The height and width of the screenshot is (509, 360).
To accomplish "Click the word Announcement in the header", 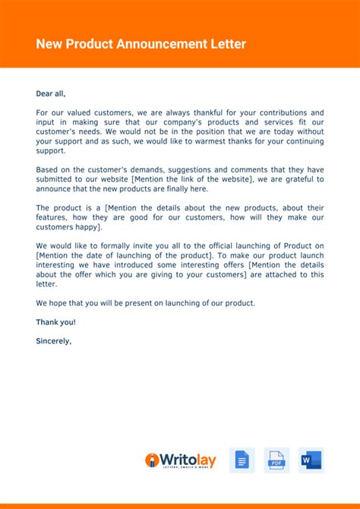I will tap(156, 44).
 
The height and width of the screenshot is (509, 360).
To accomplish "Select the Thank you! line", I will tap(55, 321).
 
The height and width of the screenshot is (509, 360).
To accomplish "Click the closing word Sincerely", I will tap(53, 340).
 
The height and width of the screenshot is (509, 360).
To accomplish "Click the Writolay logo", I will tap(181, 460).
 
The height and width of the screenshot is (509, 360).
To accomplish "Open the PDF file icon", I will tap(276, 460).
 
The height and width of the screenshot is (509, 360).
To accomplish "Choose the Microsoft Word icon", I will tap(311, 460).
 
